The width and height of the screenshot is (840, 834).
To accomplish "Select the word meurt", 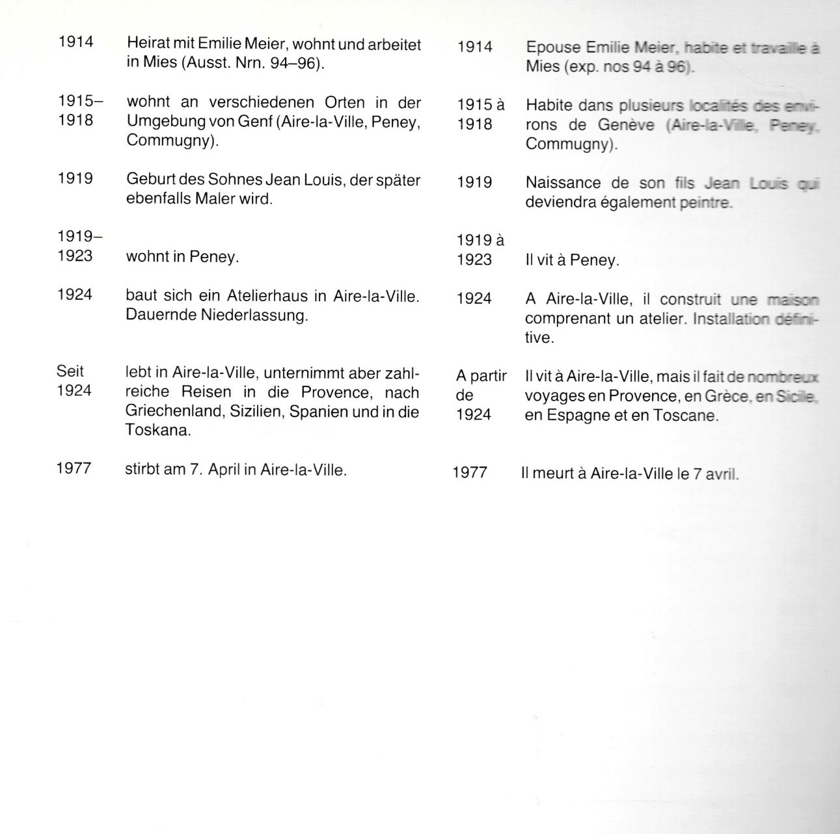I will click(x=553, y=474).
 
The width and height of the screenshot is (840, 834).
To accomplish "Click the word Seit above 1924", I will click(x=70, y=371).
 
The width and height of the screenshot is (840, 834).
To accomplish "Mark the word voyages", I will click(x=554, y=396).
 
